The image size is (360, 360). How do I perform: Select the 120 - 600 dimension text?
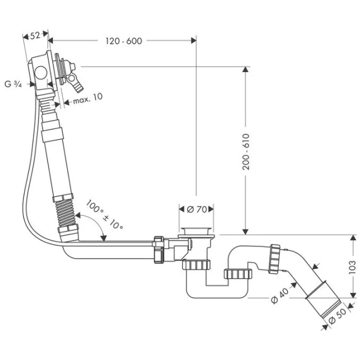click(123, 41)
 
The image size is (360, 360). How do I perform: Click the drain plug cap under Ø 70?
click(197, 232)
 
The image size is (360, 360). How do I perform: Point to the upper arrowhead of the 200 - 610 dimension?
click(245, 69)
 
